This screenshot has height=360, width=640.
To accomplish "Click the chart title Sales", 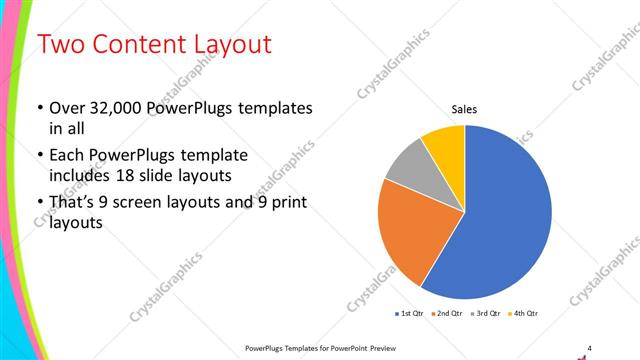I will point(464,108).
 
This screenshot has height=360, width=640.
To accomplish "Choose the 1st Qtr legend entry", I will point(411,314).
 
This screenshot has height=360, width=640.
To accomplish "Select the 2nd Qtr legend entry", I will point(447,314).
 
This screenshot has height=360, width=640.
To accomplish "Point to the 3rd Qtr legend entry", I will point(487,314).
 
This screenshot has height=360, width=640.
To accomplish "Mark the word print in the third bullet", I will point(286,203).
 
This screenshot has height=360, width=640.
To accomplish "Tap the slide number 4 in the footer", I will point(590,346).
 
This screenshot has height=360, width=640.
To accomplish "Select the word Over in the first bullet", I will point(65,108).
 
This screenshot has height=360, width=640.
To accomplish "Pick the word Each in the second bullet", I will point(66,156).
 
